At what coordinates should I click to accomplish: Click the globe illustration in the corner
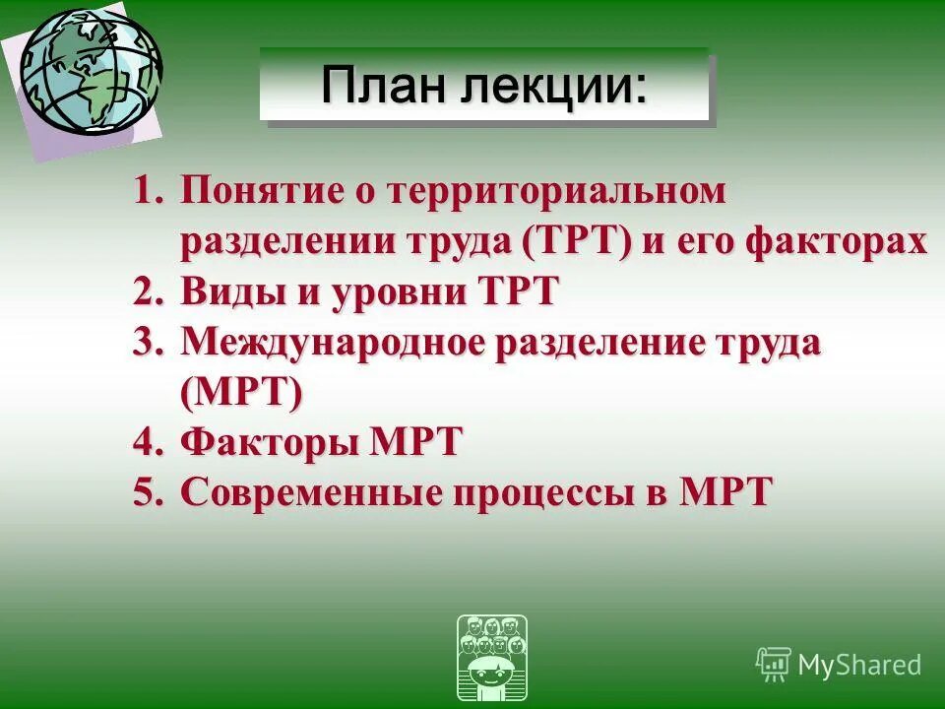coord(91,72)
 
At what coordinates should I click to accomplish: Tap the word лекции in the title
coord(551,86)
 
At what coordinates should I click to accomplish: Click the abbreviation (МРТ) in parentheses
coord(241,393)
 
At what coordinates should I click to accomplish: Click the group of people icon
coord(492,658)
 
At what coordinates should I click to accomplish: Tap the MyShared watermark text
coord(858,665)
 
